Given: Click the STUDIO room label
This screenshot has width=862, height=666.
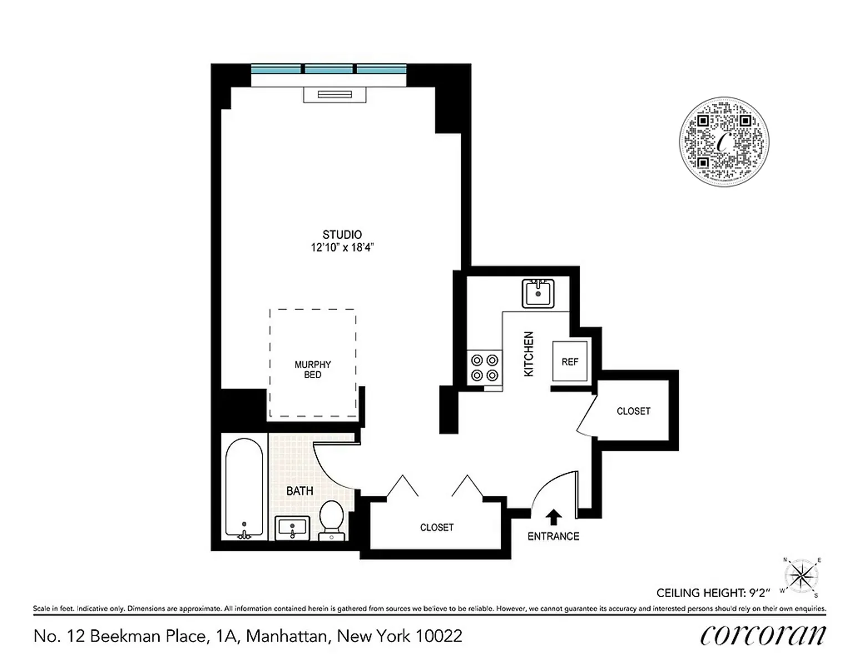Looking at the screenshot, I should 342,235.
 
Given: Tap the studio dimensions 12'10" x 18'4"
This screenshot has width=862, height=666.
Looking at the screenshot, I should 342,248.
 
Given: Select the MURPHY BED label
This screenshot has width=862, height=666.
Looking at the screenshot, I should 312,370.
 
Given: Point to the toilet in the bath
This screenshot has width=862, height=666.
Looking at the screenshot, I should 332,518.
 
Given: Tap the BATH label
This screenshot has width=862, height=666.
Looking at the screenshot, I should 300,491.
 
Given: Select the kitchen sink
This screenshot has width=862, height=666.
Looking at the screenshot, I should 538,293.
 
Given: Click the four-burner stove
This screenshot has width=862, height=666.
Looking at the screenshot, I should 484,367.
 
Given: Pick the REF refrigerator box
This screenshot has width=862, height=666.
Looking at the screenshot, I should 570,362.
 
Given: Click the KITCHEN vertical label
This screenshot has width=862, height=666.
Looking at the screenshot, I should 529,354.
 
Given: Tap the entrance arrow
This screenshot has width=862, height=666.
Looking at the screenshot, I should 553,517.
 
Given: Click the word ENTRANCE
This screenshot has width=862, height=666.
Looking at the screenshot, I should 553,536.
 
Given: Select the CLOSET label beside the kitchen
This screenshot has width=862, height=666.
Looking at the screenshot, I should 633,411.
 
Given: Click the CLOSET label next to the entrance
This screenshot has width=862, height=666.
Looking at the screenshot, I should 437,527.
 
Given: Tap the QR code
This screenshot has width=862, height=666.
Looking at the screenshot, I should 724,142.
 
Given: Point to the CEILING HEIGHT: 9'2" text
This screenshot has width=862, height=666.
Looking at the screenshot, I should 713,593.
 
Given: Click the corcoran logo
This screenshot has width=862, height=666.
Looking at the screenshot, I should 763,635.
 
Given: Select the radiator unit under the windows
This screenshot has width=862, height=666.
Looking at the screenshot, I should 334,95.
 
